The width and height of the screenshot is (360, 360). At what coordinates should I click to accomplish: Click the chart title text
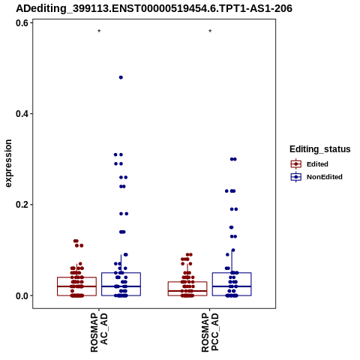click(154, 8)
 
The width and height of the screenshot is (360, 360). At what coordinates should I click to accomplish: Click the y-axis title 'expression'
click(8, 163)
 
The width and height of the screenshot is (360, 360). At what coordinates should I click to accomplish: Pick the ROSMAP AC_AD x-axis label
click(99, 333)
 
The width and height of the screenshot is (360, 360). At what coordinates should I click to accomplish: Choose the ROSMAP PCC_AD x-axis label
click(210, 333)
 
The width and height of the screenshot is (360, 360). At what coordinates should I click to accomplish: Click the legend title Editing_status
click(320, 149)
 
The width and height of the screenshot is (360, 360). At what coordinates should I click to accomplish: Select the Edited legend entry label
click(317, 164)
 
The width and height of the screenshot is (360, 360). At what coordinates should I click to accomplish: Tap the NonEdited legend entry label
click(325, 177)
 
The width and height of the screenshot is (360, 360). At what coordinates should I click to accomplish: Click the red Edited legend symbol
click(296, 164)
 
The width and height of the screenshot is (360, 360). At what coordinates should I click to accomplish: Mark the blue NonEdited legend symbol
click(296, 177)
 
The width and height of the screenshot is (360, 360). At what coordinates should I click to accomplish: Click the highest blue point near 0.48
click(121, 77)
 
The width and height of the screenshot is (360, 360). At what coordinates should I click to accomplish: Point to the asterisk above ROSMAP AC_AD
click(99, 31)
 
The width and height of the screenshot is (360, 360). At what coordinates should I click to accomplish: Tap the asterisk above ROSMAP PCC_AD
click(210, 31)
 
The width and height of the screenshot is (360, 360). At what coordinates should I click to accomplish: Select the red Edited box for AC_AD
click(76, 277)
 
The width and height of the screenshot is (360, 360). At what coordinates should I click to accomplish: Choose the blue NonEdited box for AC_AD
click(121, 273)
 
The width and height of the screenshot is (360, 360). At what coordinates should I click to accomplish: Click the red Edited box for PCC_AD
click(187, 282)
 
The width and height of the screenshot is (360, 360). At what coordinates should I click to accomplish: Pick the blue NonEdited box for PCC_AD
click(232, 273)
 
